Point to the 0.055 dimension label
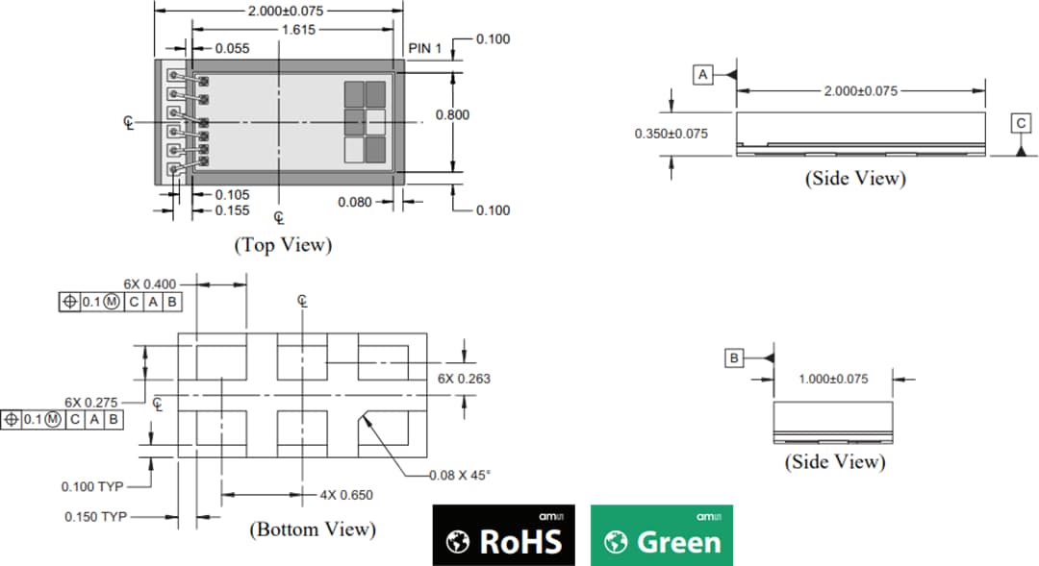232,48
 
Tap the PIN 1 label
425,48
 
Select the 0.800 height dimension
452,114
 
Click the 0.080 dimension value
355,202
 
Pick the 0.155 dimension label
232,210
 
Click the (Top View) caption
283,245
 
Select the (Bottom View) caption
313,529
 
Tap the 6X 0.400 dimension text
150,284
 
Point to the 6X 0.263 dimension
464,379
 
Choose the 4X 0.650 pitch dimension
346,495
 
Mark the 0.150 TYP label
95,517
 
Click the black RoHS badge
503,534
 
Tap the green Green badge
661,534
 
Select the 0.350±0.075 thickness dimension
671,134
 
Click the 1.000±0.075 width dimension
833,379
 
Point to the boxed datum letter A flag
703,74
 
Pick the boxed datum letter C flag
1020,123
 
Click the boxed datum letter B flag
734,358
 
